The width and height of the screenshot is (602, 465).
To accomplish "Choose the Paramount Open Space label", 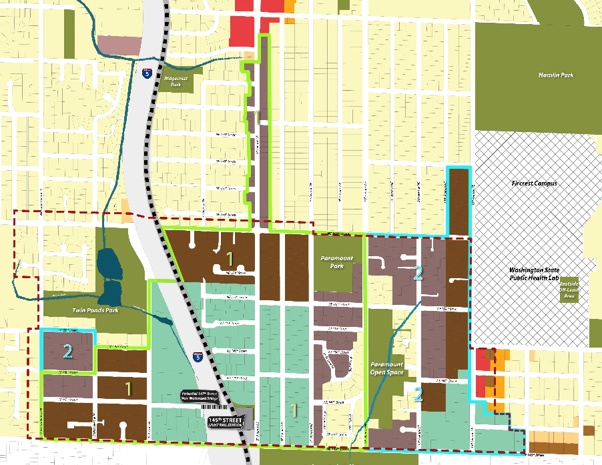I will pyautogui.click(x=387, y=369).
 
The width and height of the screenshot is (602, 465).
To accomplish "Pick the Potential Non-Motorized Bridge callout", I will pyautogui.click(x=203, y=396).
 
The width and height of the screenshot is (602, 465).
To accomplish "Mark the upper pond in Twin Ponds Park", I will pyautogui.click(x=111, y=264).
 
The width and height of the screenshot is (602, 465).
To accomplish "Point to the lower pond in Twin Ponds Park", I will pyautogui.click(x=112, y=292).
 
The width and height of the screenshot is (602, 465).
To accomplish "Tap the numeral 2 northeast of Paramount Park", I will pyautogui.click(x=418, y=273).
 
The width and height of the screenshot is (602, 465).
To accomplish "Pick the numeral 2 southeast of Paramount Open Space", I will pyautogui.click(x=418, y=394).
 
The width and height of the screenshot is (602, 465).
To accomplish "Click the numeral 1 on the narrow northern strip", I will pyautogui.click(x=257, y=119).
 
